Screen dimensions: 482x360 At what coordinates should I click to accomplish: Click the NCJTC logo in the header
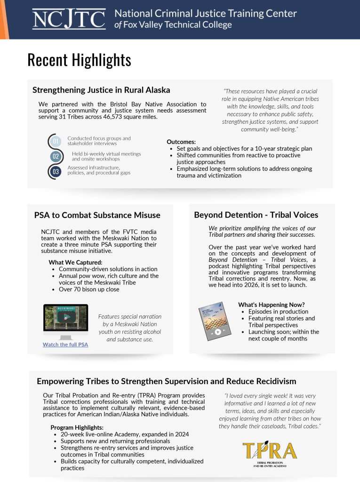click(69, 19)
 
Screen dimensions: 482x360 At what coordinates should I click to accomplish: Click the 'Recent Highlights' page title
click(79, 60)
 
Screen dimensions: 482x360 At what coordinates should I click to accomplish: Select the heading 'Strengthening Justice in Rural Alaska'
click(101, 90)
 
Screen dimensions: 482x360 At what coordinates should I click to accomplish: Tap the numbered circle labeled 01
click(56, 141)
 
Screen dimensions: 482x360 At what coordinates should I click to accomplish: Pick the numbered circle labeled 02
click(56, 156)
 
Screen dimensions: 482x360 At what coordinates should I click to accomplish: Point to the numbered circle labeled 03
click(56, 172)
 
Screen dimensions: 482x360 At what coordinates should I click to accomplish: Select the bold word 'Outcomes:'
click(181, 142)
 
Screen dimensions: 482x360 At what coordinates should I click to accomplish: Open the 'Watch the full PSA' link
click(65, 345)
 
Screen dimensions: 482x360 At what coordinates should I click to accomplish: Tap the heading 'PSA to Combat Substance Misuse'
click(97, 215)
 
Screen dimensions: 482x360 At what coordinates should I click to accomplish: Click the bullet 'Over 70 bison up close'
click(89, 289)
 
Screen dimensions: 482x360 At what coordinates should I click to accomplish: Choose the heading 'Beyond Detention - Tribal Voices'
click(256, 215)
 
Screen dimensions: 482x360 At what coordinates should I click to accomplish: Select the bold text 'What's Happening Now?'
click(271, 305)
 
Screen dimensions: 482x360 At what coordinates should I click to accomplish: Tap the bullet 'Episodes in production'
click(278, 312)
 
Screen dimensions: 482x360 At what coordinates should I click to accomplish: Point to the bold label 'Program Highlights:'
click(77, 427)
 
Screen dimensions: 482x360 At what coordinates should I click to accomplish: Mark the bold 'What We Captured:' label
click(75, 262)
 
